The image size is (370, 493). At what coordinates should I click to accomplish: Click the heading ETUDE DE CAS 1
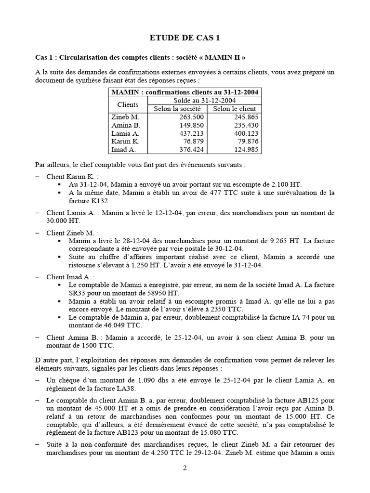tap(185, 39)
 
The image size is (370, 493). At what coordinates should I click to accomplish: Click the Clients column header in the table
tap(128, 104)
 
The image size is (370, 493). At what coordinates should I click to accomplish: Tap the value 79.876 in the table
tap(248, 142)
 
